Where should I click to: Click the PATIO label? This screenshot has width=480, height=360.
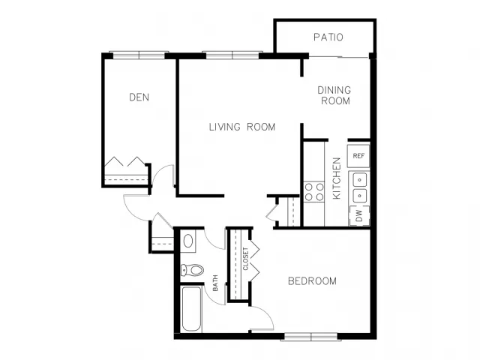pyautogui.click(x=328, y=37)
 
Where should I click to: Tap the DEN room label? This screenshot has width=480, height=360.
pyautogui.click(x=139, y=97)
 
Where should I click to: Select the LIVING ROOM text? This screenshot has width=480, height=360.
pyautogui.click(x=242, y=127)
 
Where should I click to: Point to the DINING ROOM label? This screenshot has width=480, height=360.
pyautogui.click(x=334, y=95)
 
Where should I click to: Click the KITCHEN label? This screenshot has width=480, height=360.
pyautogui.click(x=337, y=178)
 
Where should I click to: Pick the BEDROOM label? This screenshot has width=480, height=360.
pyautogui.click(x=312, y=281)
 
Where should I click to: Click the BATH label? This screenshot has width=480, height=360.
pyautogui.click(x=215, y=283)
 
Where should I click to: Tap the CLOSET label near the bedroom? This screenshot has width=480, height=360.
pyautogui.click(x=245, y=259)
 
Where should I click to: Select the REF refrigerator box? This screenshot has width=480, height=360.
pyautogui.click(x=358, y=156)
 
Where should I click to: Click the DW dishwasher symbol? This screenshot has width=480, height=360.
pyautogui.click(x=359, y=215)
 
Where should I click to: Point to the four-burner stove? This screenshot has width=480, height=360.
pyautogui.click(x=314, y=192)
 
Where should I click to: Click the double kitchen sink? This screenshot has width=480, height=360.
pyautogui.click(x=359, y=187)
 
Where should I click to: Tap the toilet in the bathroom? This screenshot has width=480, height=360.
pyautogui.click(x=192, y=270)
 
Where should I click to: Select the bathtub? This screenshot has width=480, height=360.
pyautogui.click(x=191, y=309)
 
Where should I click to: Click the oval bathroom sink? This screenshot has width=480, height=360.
pyautogui.click(x=188, y=241)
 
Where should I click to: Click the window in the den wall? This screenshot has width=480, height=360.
pyautogui.click(x=139, y=55)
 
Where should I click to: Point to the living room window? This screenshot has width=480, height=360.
pyautogui.click(x=232, y=55)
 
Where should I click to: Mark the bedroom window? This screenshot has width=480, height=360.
pyautogui.click(x=311, y=337)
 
